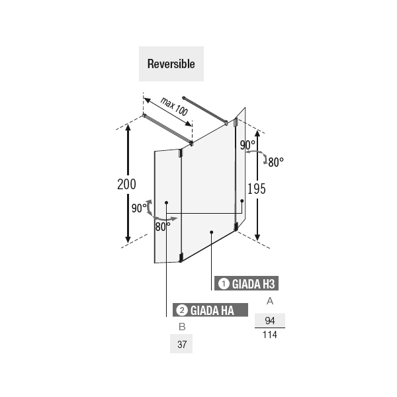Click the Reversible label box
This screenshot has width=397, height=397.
pyautogui.click(x=171, y=64)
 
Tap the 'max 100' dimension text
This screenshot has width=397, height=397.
pyautogui.click(x=174, y=107)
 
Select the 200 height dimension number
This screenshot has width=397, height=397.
pyautogui.click(x=126, y=184)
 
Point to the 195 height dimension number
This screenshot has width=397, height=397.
pyautogui.click(x=257, y=189)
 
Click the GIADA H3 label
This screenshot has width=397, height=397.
pyautogui.click(x=246, y=283)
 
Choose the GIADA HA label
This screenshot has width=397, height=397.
pyautogui.click(x=210, y=310)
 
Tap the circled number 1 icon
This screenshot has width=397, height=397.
pyautogui.click(x=224, y=284)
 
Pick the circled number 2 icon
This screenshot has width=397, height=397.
pyautogui.click(x=182, y=310)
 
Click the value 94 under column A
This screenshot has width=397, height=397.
pyautogui.click(x=270, y=320)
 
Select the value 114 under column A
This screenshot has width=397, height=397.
pyautogui.click(x=270, y=335)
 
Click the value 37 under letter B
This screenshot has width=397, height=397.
pyautogui.click(x=182, y=344)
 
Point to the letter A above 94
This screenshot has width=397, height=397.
pyautogui.click(x=270, y=301)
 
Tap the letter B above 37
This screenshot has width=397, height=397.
pyautogui.click(x=182, y=327)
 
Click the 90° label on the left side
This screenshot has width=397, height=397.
pyautogui.click(x=139, y=208)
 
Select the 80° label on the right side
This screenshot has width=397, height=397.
pyautogui.click(x=276, y=162)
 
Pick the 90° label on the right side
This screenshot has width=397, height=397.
pyautogui.click(x=247, y=146)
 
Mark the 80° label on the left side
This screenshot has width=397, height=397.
pyautogui.click(x=163, y=227)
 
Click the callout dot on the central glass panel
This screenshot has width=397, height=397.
pyautogui.click(x=212, y=232)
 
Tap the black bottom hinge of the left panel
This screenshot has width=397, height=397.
pyautogui.click(x=181, y=257)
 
